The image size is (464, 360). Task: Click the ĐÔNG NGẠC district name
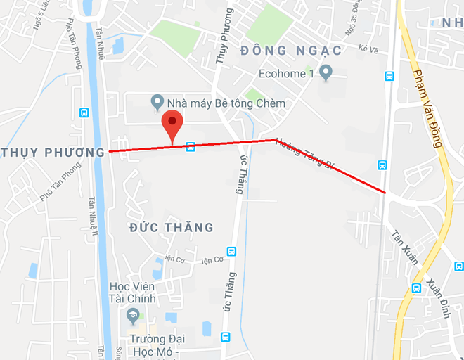pyautogui.click(x=290, y=51)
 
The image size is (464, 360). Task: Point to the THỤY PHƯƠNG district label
pyautogui.click(x=53, y=152)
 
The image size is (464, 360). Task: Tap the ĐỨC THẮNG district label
pyautogui.click(x=172, y=227)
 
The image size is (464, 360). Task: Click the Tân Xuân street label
pyautogui.click(x=406, y=247)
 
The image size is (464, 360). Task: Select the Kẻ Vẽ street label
pyautogui.click(x=368, y=49)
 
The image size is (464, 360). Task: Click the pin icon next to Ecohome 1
pyautogui.click(x=325, y=72)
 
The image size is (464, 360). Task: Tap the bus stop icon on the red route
pyautogui.click(x=190, y=146)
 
